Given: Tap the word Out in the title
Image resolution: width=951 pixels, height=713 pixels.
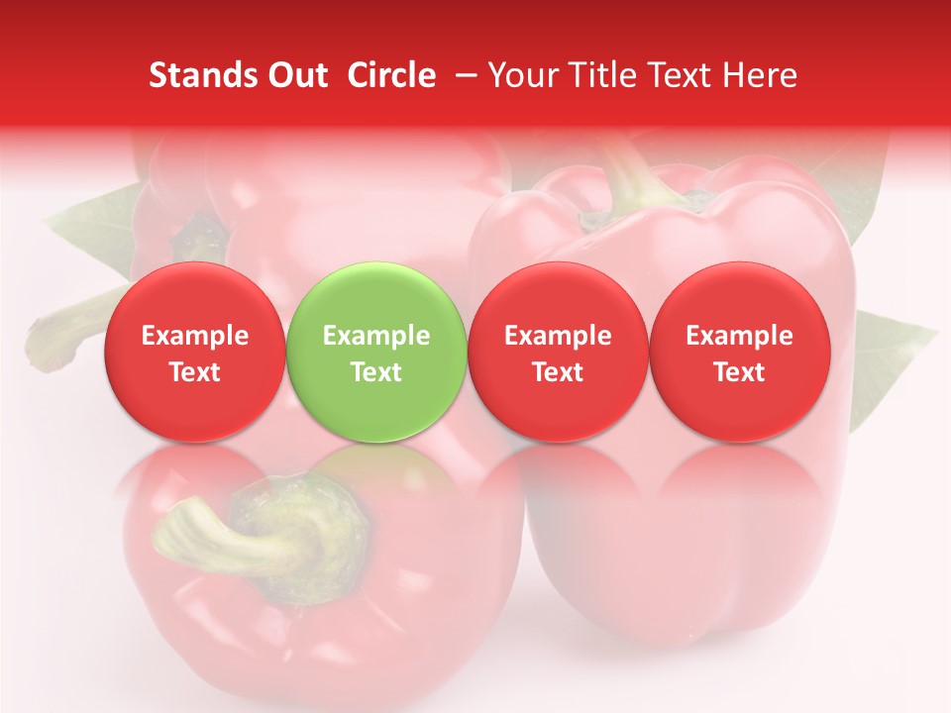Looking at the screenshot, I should coord(294,75).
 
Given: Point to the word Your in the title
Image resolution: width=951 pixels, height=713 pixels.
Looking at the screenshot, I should coord(521,75).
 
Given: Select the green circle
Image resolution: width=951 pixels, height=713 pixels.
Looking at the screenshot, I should coord(376,352).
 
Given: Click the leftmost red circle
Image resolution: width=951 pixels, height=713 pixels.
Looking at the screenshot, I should coord(194,352).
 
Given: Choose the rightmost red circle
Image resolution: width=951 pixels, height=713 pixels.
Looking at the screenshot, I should coord(740,352).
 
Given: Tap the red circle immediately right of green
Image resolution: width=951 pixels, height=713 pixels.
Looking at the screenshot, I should coord(558,352).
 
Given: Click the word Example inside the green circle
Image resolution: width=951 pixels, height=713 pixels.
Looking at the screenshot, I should coord(376,336).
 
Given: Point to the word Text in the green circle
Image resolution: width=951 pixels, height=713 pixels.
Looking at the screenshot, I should coord(376,372).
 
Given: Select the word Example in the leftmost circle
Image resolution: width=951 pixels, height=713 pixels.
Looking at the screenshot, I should coord(194,336).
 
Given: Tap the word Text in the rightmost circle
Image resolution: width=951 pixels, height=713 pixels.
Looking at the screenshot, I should coord(740,372).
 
